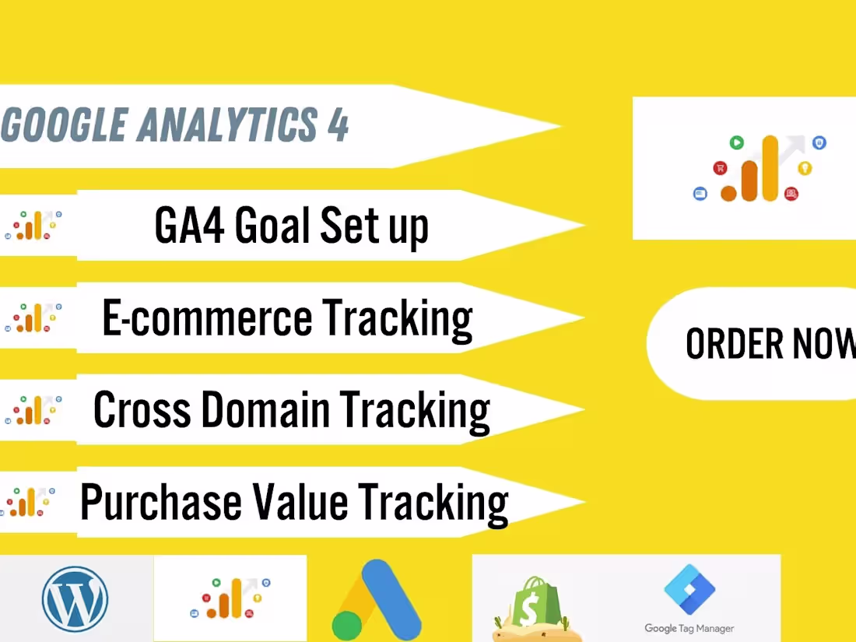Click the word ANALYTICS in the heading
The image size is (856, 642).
click(226, 125)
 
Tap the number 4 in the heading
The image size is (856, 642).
click(337, 125)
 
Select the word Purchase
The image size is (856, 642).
click(160, 502)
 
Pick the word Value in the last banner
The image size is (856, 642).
click(299, 502)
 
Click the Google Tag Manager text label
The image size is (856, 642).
click(689, 628)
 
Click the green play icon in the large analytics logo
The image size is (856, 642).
click(735, 142)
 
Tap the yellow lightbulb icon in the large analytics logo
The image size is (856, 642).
click(805, 167)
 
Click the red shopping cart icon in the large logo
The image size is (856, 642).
click(721, 167)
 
